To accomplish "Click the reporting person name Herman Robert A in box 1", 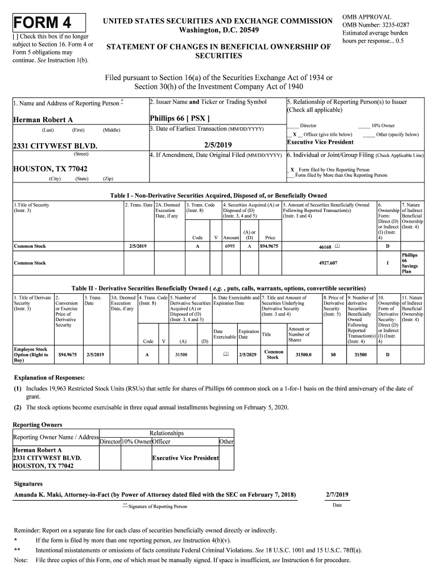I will [43, 119].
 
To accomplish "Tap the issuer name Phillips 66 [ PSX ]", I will [179, 118].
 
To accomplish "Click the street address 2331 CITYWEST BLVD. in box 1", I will [55, 145].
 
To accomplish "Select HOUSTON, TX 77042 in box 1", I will [50, 169].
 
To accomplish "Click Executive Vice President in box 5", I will [320, 142].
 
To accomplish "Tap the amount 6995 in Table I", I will [230, 246].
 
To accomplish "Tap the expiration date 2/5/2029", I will [247, 355].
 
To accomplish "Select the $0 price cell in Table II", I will [333, 355].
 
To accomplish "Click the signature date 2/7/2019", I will [337, 494].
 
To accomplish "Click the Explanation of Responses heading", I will [49, 377].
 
